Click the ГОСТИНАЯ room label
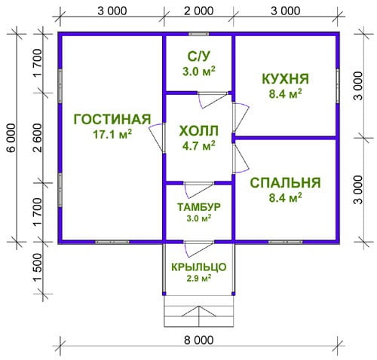click(x=112, y=119)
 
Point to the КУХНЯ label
click(x=286, y=78)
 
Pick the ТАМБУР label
click(x=198, y=207)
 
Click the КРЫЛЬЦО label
click(x=198, y=267)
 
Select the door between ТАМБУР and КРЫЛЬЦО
click(x=198, y=246)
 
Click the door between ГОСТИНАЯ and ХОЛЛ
click(x=158, y=138)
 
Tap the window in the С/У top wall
click(x=199, y=34)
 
